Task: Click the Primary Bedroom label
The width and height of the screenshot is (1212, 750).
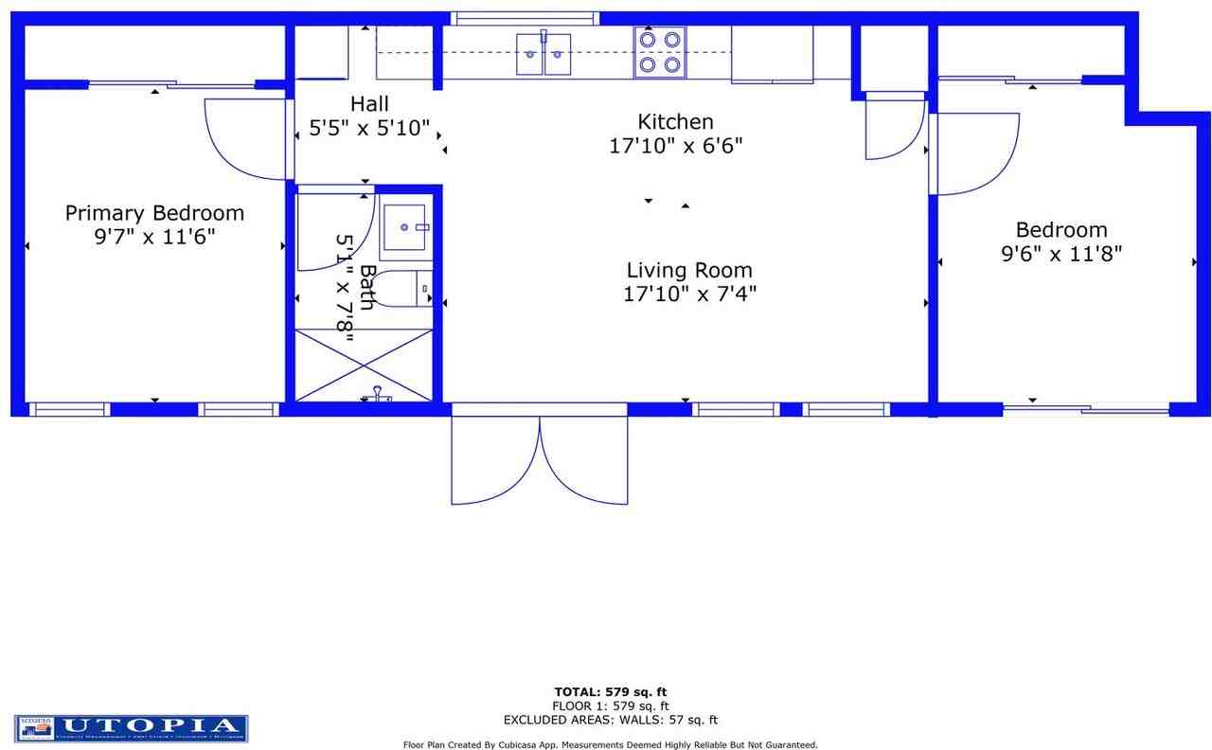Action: (154, 213)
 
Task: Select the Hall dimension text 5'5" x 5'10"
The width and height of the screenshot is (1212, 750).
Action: (369, 128)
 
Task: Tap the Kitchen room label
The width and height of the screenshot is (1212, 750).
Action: (675, 121)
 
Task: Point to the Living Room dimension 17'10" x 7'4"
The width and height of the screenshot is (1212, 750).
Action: (689, 295)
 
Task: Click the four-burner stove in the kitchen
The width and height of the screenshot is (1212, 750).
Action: (660, 52)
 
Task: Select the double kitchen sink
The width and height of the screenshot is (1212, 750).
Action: (544, 54)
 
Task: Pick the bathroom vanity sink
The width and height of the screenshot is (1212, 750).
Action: (407, 227)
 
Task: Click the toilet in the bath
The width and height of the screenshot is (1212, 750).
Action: (417, 289)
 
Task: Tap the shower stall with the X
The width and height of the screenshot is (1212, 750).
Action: (365, 365)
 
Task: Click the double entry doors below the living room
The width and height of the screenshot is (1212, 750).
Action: (539, 459)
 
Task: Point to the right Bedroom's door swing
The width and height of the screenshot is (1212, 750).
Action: (975, 152)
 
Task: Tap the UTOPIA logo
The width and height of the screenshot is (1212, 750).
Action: (132, 727)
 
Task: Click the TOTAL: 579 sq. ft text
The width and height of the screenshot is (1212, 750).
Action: (611, 691)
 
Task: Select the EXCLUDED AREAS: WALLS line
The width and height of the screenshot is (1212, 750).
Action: (611, 720)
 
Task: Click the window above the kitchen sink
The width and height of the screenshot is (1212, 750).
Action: (525, 18)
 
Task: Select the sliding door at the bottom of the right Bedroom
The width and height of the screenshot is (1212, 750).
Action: (1086, 409)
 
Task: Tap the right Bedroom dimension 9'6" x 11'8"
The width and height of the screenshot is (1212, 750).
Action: (1061, 254)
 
